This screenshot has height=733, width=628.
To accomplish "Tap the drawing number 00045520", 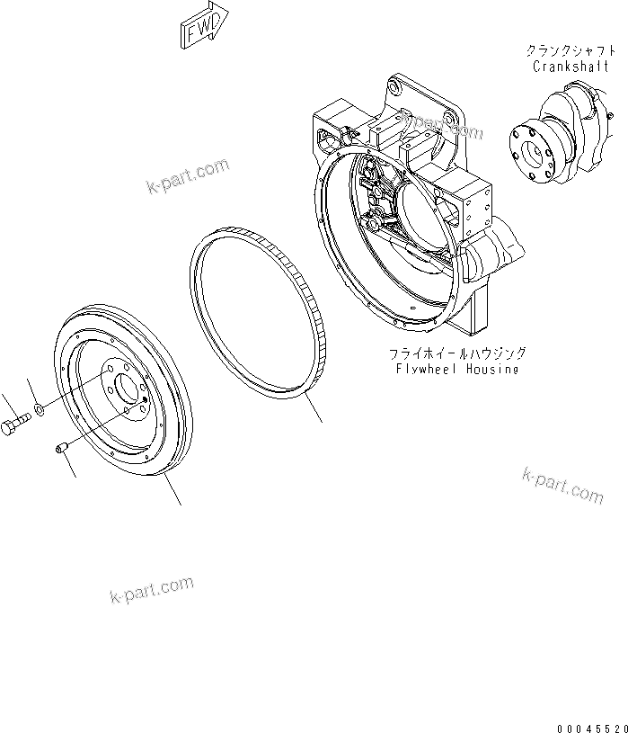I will coord(589,720).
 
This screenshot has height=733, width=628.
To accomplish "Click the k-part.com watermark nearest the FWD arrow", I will coord(187,176).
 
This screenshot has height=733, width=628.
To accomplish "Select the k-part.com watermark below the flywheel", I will coord(151,589).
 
